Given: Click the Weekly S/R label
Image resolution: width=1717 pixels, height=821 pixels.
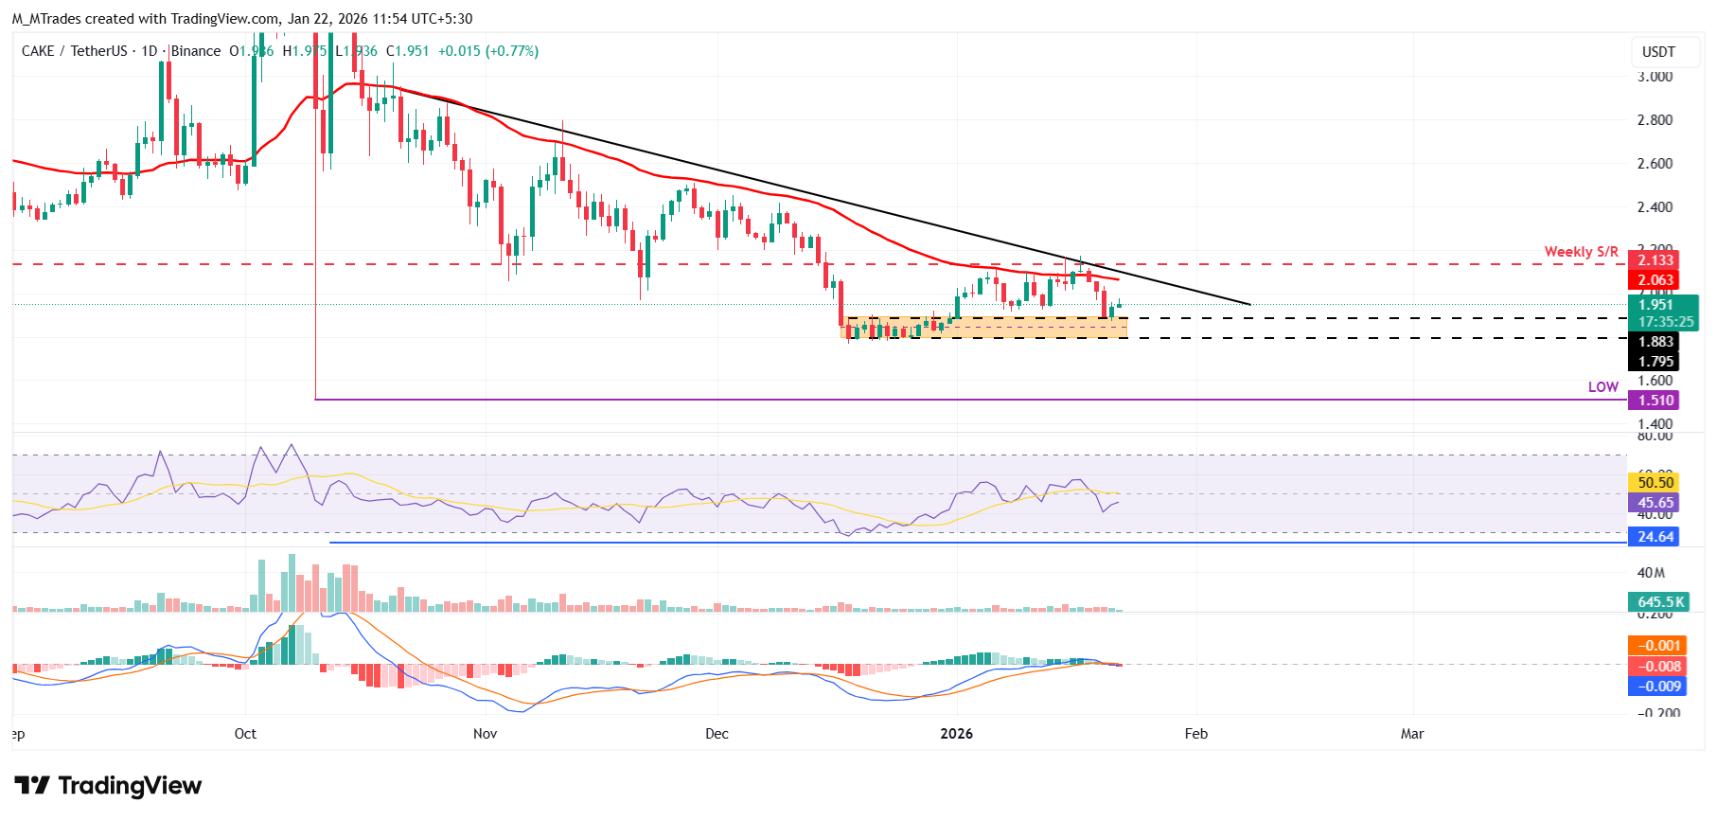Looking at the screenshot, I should point(1581,252).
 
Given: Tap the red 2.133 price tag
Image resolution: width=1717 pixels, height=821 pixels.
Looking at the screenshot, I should point(1655,260).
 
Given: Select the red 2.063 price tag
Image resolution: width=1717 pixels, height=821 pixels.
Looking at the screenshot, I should point(1655,280).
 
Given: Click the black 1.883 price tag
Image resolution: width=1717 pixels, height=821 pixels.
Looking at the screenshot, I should point(1655,342).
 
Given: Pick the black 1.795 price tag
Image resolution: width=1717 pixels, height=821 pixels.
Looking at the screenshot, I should point(1655,362).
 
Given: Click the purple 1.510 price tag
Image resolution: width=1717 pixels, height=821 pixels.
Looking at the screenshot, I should point(1655,401).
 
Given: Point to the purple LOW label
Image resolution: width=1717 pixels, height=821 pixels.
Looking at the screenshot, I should point(1602,387).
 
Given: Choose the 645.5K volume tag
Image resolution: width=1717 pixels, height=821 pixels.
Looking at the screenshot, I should point(1660,602).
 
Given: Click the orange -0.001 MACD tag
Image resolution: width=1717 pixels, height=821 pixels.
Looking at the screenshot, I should point(1658,646).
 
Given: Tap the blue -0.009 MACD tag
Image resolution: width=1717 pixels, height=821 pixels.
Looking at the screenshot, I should point(1658,687).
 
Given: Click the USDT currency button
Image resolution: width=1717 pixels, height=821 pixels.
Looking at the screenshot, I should point(1658,52).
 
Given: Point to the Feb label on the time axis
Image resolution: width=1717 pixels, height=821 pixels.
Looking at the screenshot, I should point(1196,734).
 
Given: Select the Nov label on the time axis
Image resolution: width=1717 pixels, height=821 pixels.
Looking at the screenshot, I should point(485,734).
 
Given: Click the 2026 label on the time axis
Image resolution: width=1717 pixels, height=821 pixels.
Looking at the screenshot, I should point(956,734).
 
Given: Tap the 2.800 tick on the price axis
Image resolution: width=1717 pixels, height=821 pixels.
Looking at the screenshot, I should point(1655,120).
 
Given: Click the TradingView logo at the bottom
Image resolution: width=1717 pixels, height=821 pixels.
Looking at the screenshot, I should point(108,786).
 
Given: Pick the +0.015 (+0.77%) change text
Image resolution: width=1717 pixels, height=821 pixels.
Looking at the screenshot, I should point(487,51).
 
